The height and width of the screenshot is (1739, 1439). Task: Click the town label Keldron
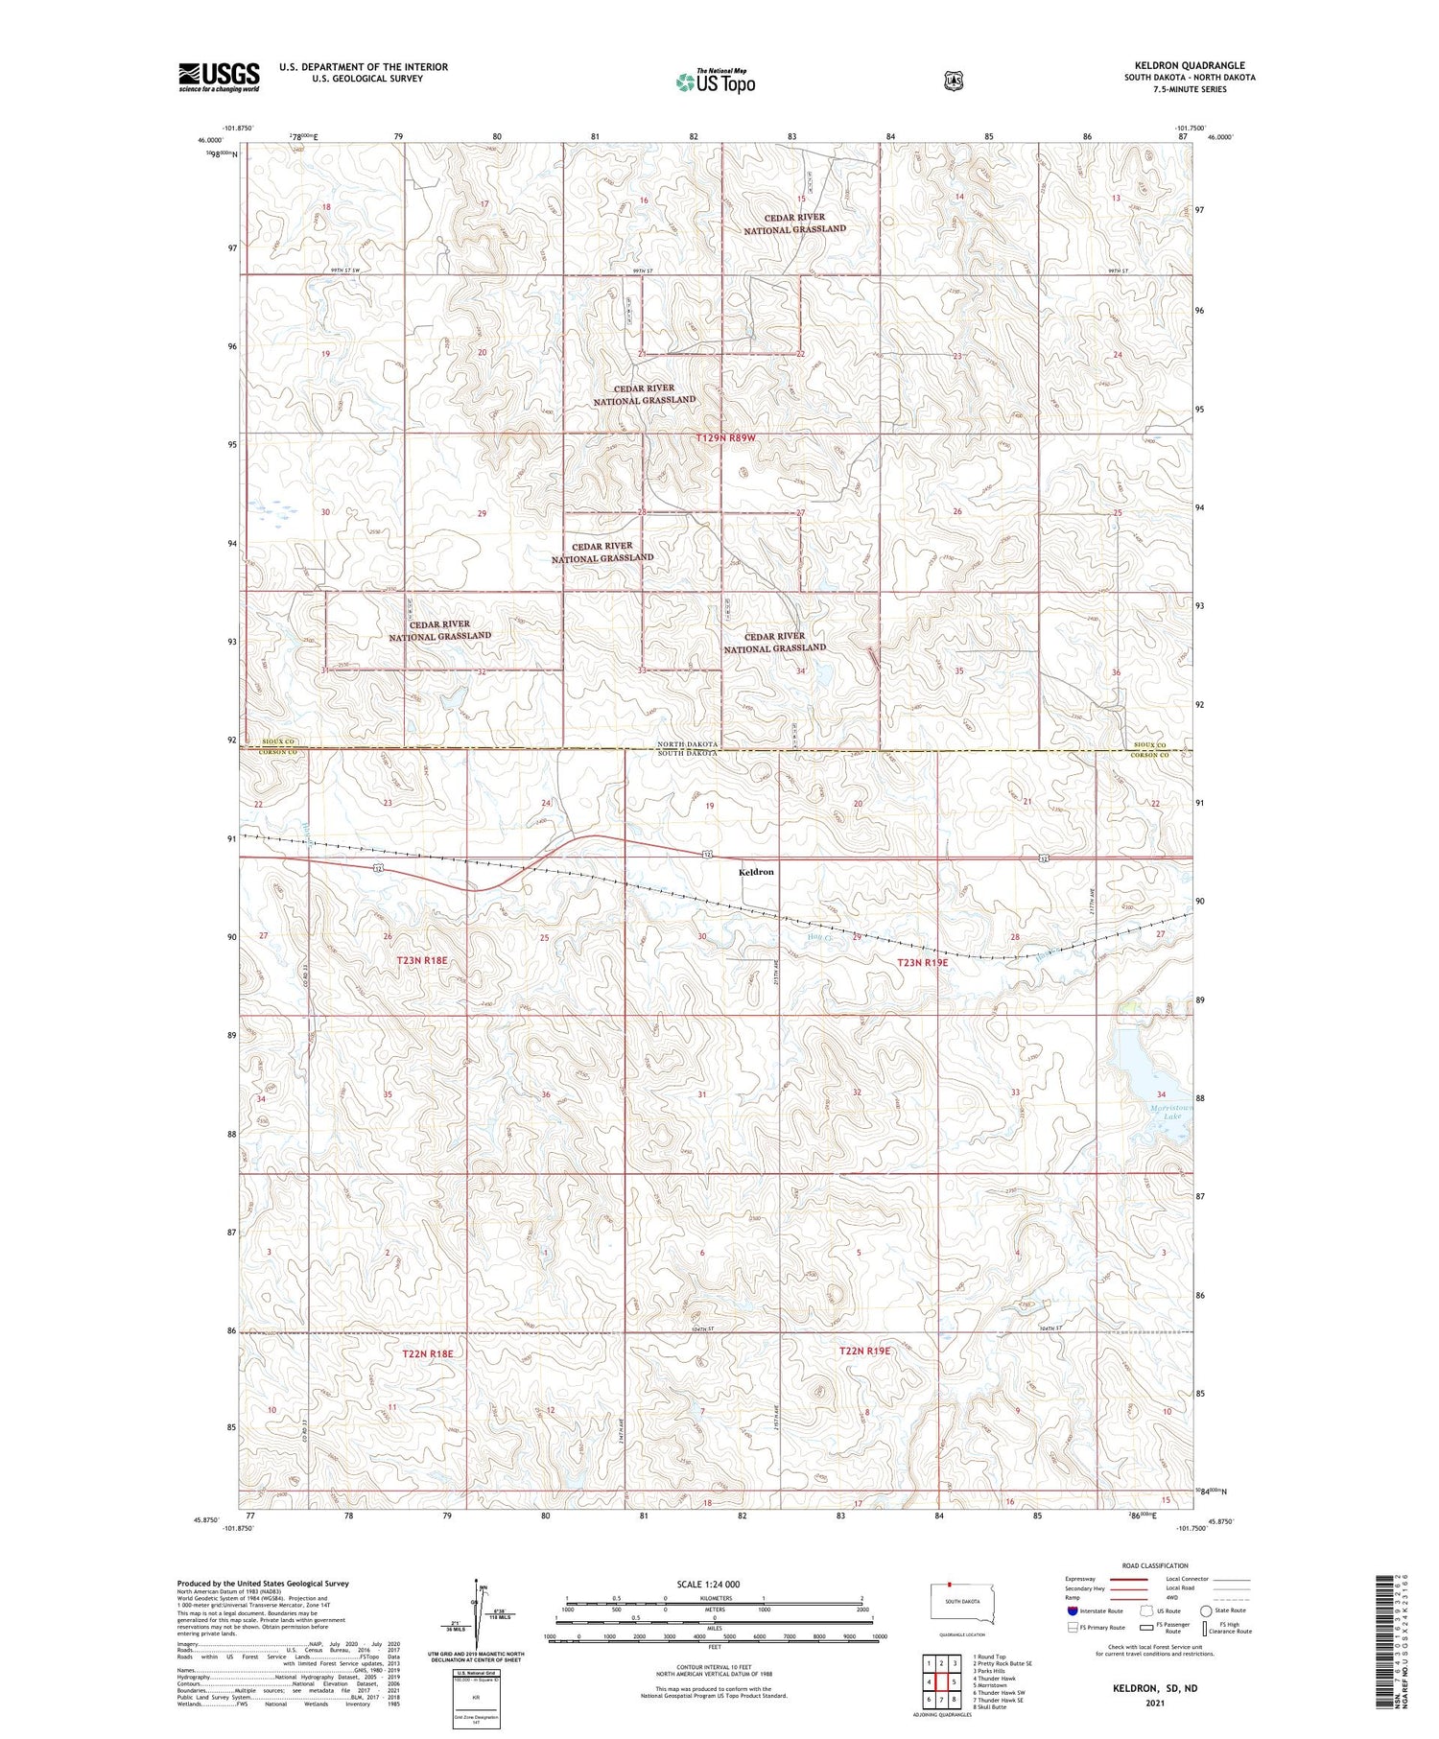click(756, 872)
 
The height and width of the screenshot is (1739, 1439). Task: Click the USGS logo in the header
click(219, 77)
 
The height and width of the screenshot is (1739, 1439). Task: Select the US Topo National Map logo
click(715, 82)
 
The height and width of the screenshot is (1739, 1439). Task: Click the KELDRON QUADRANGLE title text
click(1190, 65)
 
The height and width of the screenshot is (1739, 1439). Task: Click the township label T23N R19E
click(922, 962)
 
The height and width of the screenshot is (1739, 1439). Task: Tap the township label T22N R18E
click(427, 1353)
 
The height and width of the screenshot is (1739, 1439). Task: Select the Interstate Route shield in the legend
click(1073, 1610)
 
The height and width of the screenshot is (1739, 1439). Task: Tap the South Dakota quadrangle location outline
click(962, 1605)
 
